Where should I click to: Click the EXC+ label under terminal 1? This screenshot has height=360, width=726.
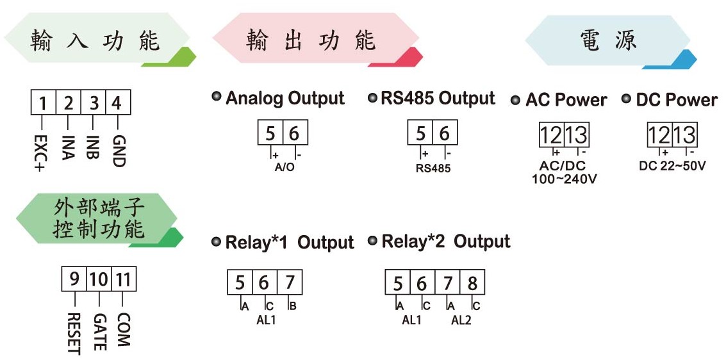click(41, 153)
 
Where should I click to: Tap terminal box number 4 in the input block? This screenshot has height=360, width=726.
click(118, 102)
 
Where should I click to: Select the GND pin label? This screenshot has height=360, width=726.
click(119, 151)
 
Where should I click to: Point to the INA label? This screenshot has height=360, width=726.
click(67, 147)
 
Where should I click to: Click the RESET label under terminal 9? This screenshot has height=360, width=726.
click(74, 333)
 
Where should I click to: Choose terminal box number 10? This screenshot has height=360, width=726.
click(99, 280)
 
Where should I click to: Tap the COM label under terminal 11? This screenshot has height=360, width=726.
click(123, 329)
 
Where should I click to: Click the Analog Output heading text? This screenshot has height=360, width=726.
click(285, 98)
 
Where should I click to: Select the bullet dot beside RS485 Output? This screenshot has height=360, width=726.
click(372, 97)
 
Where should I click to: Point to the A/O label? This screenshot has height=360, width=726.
click(285, 167)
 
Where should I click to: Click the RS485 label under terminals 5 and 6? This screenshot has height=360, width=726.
click(433, 168)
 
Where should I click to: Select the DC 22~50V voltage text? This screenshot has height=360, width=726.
click(672, 166)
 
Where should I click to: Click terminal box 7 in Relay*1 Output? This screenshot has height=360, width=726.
click(290, 282)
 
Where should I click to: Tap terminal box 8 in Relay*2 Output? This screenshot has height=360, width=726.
click(472, 282)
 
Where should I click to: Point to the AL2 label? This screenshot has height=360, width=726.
click(461, 320)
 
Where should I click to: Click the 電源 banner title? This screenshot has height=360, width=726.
click(608, 41)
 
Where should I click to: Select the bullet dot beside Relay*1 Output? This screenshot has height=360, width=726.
click(216, 241)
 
